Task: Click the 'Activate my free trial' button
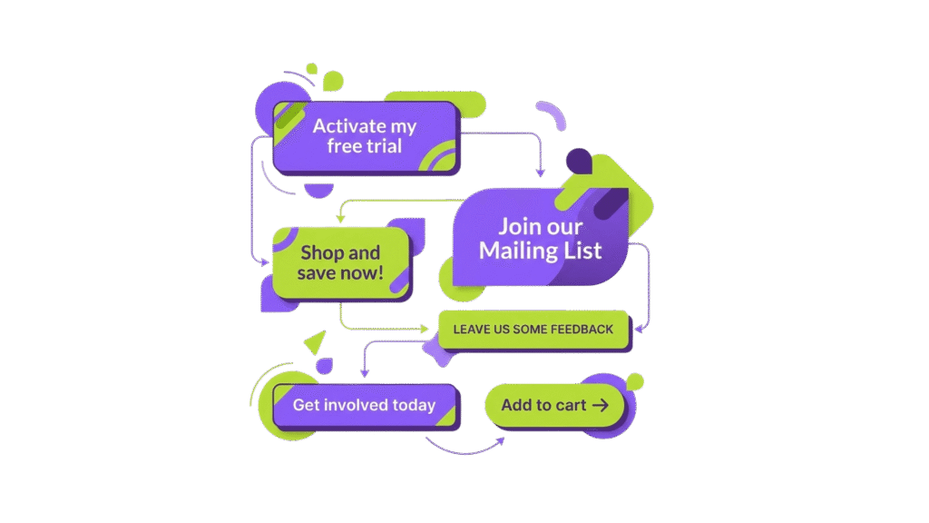click(x=366, y=137)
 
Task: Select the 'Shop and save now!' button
click(x=341, y=262)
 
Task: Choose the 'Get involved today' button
click(x=365, y=405)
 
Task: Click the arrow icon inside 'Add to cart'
click(x=600, y=405)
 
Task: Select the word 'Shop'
click(x=318, y=252)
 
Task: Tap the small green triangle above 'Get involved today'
click(x=316, y=343)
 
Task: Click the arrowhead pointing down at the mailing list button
click(x=541, y=172)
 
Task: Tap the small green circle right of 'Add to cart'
click(x=635, y=380)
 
